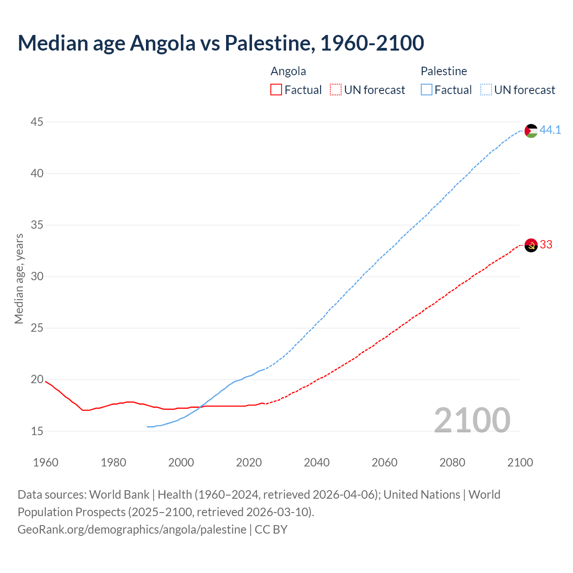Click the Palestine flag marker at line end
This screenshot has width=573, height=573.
[531, 131]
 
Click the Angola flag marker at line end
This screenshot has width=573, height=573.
[531, 245]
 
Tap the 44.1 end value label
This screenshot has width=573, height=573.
[550, 130]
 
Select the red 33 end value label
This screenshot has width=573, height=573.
[546, 244]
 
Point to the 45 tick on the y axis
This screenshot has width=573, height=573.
[37, 122]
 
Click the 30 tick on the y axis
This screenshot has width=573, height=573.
[37, 276]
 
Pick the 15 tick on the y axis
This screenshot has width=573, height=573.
[37, 431]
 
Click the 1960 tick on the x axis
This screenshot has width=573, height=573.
[46, 462]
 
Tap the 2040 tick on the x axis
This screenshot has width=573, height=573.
[316, 462]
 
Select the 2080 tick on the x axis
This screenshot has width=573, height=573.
[452, 462]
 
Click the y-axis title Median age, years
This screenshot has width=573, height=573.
[19, 278]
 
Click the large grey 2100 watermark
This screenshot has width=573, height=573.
[472, 420]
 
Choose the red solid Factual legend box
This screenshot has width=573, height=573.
[276, 90]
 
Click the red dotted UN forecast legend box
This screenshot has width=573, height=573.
[336, 90]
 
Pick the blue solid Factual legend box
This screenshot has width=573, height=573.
[426, 90]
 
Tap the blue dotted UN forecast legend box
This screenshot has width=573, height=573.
[486, 90]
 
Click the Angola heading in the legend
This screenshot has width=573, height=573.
[288, 71]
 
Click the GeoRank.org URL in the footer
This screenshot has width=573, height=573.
[132, 529]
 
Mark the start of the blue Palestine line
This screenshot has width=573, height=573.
[147, 427]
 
